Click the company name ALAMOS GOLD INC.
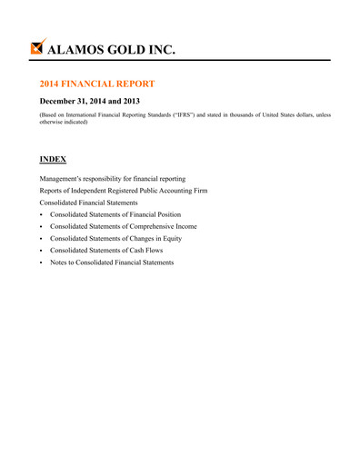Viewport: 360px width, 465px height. pos(112,48)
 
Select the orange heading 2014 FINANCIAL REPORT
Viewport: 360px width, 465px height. pos(103,83)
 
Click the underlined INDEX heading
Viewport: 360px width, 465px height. pos(53,159)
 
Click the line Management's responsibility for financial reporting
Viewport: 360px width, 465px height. pos(112,179)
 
